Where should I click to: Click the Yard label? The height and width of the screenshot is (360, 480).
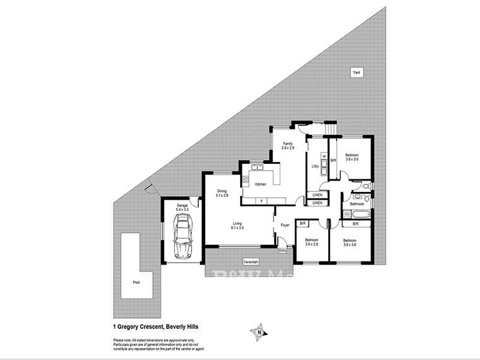pyautogui.click(x=357, y=72)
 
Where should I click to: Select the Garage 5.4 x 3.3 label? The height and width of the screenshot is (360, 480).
pyautogui.click(x=182, y=208)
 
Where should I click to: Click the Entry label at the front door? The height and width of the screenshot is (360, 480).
pyautogui.click(x=283, y=251)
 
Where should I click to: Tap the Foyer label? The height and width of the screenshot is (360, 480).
pyautogui.click(x=285, y=225)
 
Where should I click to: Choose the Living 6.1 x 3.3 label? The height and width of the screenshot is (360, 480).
pyautogui.click(x=238, y=226)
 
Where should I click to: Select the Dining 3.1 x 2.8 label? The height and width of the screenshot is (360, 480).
pyautogui.click(x=223, y=193)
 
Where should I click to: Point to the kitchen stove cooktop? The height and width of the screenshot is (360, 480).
pyautogui.click(x=245, y=178)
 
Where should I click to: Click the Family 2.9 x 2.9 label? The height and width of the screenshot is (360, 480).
pyautogui.click(x=288, y=146)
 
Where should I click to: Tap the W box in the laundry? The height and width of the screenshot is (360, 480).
pyautogui.click(x=323, y=157)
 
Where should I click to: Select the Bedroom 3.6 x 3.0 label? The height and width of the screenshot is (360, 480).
pyautogui.click(x=352, y=157)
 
